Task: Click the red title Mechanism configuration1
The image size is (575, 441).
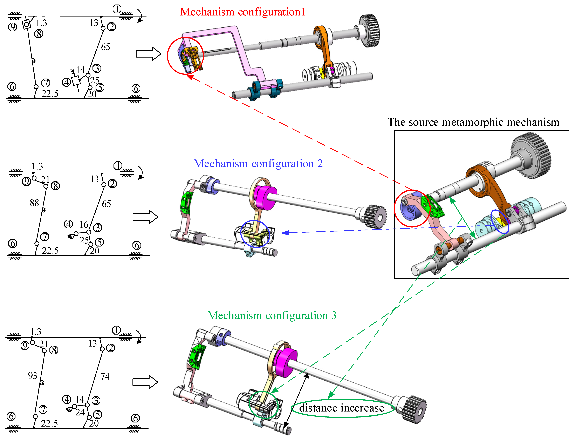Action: [243, 12]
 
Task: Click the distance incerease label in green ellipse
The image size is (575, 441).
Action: [342, 408]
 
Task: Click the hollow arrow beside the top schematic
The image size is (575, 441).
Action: [148, 54]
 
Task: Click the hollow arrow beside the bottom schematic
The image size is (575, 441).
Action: [145, 382]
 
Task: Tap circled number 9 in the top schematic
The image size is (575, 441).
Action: [13, 27]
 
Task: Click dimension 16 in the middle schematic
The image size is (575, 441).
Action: [84, 224]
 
